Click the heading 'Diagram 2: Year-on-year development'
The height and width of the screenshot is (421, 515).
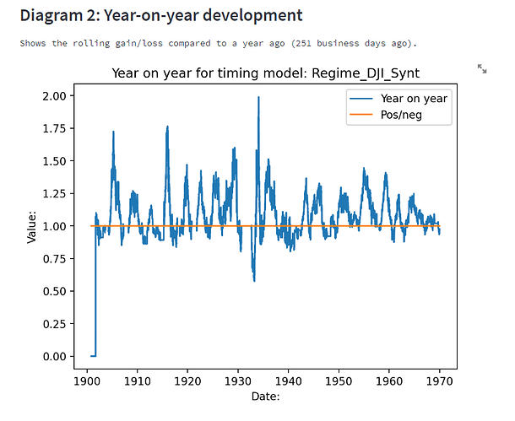(160, 15)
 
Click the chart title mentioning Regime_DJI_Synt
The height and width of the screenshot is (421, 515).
(266, 74)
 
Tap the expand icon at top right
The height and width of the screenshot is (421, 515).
(482, 68)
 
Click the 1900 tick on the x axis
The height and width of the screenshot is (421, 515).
(87, 381)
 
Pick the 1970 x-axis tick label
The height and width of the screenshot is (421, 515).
(439, 381)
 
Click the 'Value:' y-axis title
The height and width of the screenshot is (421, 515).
(31, 226)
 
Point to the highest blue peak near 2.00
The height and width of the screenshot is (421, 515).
(258, 98)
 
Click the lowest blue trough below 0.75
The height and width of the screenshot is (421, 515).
(253, 280)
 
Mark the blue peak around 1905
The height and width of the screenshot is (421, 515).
(113, 132)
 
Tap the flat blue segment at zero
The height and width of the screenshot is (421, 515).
(93, 356)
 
